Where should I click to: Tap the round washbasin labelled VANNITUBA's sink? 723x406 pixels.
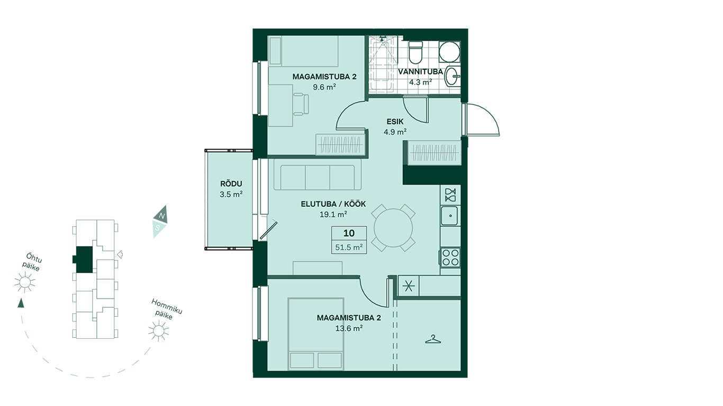click(x=453, y=77)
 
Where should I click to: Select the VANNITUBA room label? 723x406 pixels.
click(x=420, y=71)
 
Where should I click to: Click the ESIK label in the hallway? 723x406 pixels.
click(x=395, y=122)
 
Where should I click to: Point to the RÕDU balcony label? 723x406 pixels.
click(x=231, y=184)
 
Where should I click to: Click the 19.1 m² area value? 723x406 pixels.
click(x=333, y=214)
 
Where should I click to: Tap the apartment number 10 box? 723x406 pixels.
click(x=349, y=233)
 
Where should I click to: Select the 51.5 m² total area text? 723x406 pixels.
click(x=349, y=247)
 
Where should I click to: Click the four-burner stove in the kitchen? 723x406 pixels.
click(x=450, y=257)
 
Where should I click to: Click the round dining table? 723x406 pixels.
click(x=393, y=228)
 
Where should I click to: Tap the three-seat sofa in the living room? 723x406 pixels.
click(x=318, y=177)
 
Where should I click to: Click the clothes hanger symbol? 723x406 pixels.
click(x=433, y=339)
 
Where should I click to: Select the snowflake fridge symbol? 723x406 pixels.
click(x=408, y=286)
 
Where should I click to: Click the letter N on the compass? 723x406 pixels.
click(x=162, y=216)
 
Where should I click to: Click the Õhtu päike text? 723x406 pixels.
click(x=32, y=263)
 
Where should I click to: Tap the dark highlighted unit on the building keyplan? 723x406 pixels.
click(x=83, y=260)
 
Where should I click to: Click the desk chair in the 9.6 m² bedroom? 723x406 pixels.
click(x=301, y=104)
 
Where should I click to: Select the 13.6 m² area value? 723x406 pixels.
click(x=349, y=328)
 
